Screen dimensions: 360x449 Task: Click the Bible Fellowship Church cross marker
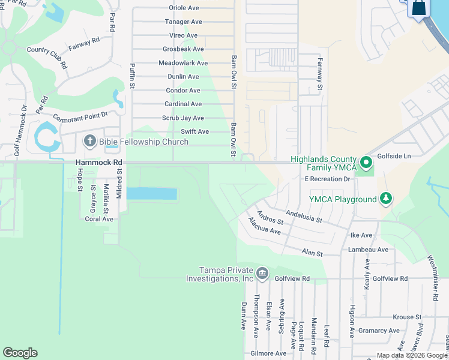tap(90, 142)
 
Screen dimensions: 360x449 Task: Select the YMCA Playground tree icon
tap(385, 199)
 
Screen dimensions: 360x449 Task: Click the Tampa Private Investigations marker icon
tap(262, 274)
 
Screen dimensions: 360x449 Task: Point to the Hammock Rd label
tap(99, 163)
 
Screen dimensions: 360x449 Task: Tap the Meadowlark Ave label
tap(183, 63)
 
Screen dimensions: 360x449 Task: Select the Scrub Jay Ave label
tap(184, 118)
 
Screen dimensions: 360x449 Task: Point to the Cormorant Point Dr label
tap(80, 115)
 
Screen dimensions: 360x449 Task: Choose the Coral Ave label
tap(99, 219)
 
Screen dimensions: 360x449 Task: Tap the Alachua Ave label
tap(265, 226)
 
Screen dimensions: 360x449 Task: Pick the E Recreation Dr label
tap(327, 179)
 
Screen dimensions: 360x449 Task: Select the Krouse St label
tap(408, 317)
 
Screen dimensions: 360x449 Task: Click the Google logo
tap(20, 353)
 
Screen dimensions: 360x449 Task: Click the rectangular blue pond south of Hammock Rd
tap(151, 194)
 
